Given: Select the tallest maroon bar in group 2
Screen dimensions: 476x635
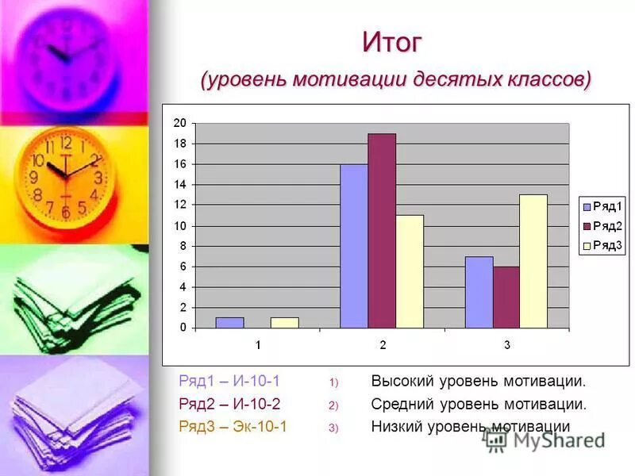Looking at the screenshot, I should pos(381,231).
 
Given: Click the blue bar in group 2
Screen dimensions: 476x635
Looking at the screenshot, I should pos(354,246).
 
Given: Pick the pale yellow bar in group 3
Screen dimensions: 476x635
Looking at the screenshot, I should pos(533,261).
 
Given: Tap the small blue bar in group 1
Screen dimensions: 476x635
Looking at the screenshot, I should pos(229,322).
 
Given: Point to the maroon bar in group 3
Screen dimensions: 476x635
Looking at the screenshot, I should pos(506,297).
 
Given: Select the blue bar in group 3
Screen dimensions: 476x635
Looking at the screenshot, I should pos(479,292).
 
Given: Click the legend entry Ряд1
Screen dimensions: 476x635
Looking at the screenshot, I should pos(603,205).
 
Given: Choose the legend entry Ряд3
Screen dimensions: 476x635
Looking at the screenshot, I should pos(603,246).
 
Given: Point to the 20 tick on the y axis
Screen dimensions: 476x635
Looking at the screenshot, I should pos(179,123).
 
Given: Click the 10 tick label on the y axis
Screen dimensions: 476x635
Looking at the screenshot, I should pos(179,225).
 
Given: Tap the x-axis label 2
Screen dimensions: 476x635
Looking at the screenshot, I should pos(383,345).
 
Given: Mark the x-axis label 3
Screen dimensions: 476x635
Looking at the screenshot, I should pos(507,345).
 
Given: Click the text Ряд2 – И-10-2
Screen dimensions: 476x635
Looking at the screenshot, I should pos(229,404).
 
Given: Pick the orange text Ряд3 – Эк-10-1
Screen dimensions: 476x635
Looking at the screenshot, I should pos(233,427).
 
